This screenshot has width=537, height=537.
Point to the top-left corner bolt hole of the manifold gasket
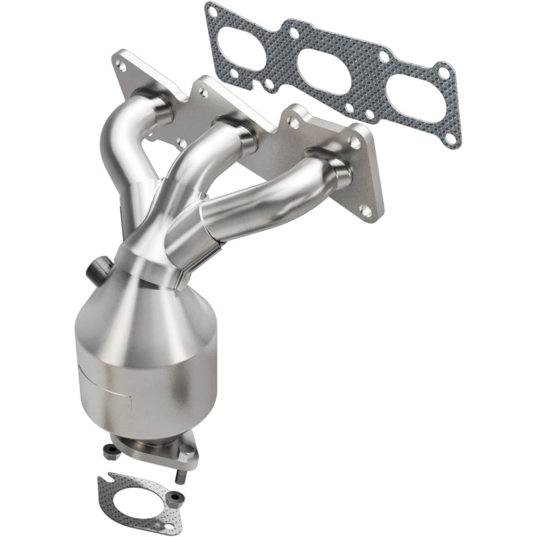point(212,11)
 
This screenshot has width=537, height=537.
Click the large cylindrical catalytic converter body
point(134,376)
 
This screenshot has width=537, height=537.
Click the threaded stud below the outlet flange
point(182,477)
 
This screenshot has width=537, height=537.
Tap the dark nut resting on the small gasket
point(176,497)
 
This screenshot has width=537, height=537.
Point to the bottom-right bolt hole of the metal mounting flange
point(366,211)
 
